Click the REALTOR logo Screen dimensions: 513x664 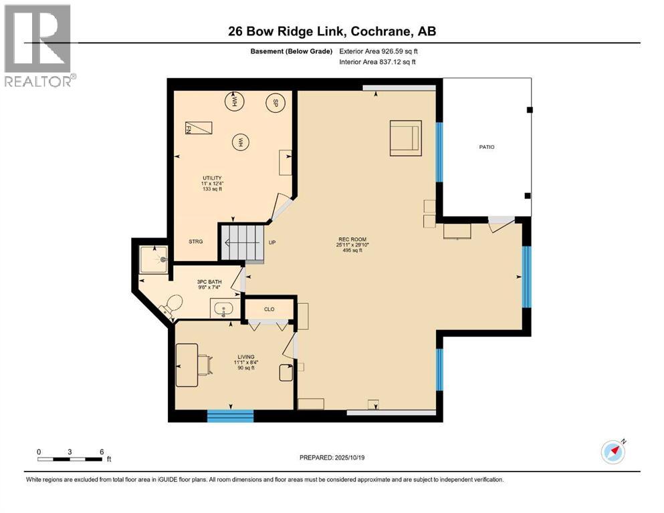click(39, 45)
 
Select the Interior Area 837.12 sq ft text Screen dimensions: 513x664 click(378, 62)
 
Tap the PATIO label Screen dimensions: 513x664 click(486, 147)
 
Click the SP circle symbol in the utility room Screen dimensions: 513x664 click(273, 103)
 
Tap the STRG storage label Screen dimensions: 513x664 click(195, 242)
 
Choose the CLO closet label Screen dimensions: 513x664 click(269, 309)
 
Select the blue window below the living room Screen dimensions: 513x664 click(230, 415)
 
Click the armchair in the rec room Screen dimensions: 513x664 click(405, 138)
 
